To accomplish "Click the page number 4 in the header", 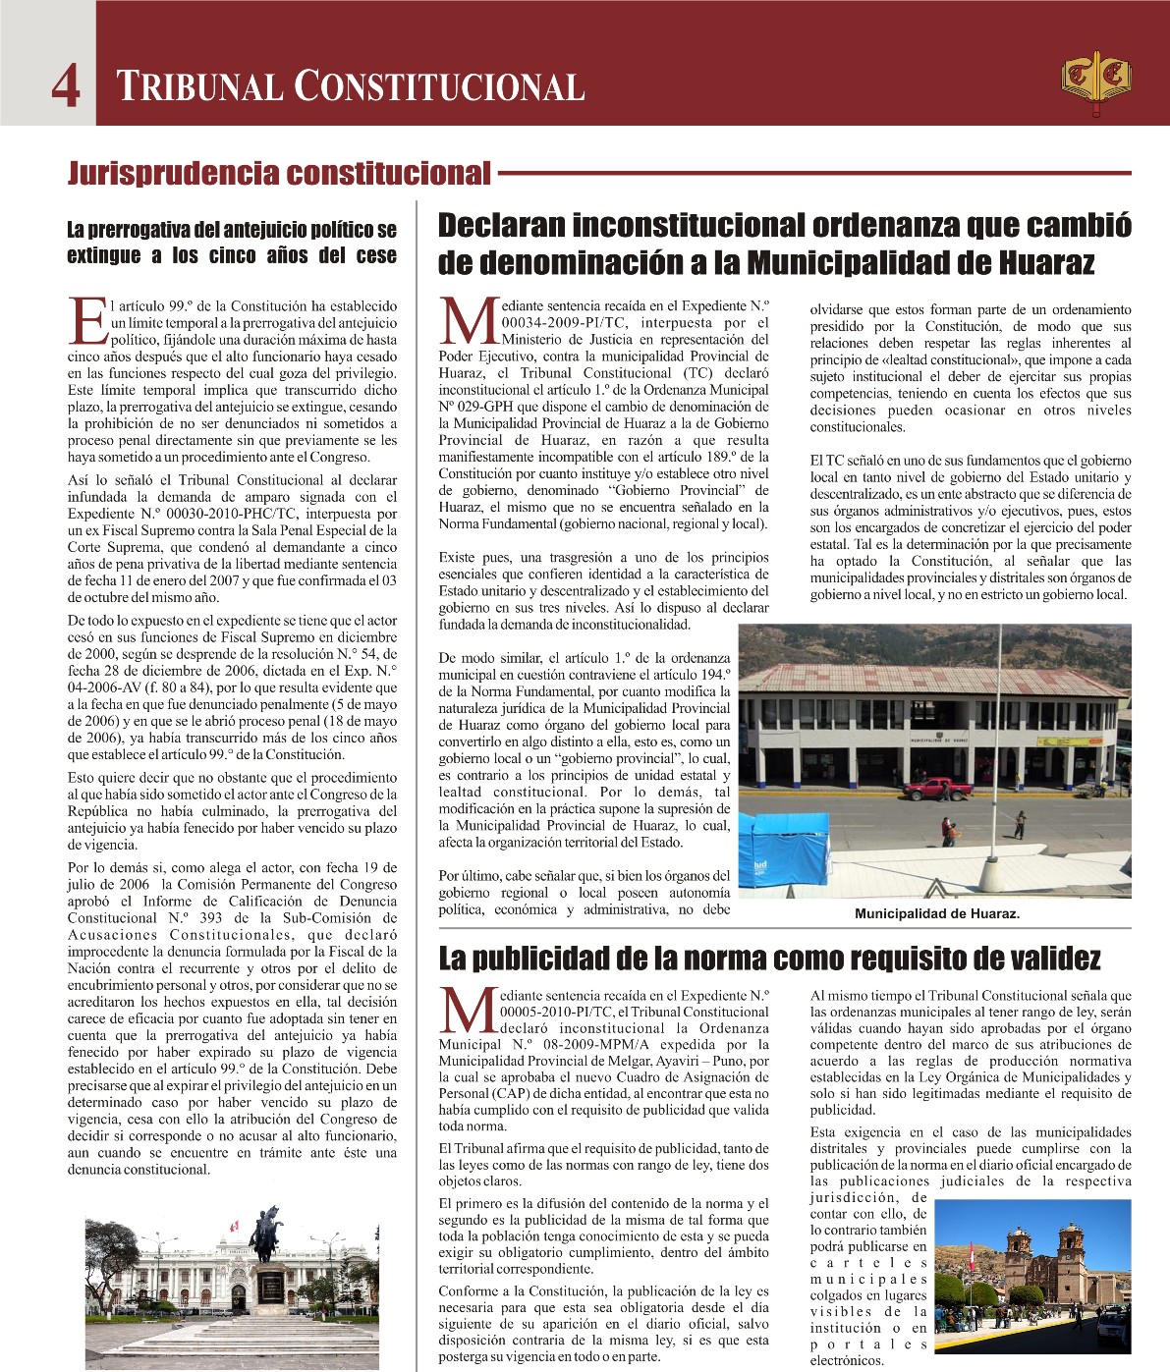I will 66,87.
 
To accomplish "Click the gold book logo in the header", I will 1095,81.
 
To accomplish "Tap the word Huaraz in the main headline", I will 1045,263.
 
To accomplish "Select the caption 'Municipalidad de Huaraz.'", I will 937,914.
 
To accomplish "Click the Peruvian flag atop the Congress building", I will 234,1227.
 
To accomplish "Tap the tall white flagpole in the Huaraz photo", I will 1000,746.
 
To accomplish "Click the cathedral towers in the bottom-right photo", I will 1045,1257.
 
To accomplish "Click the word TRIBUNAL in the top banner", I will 200,87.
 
